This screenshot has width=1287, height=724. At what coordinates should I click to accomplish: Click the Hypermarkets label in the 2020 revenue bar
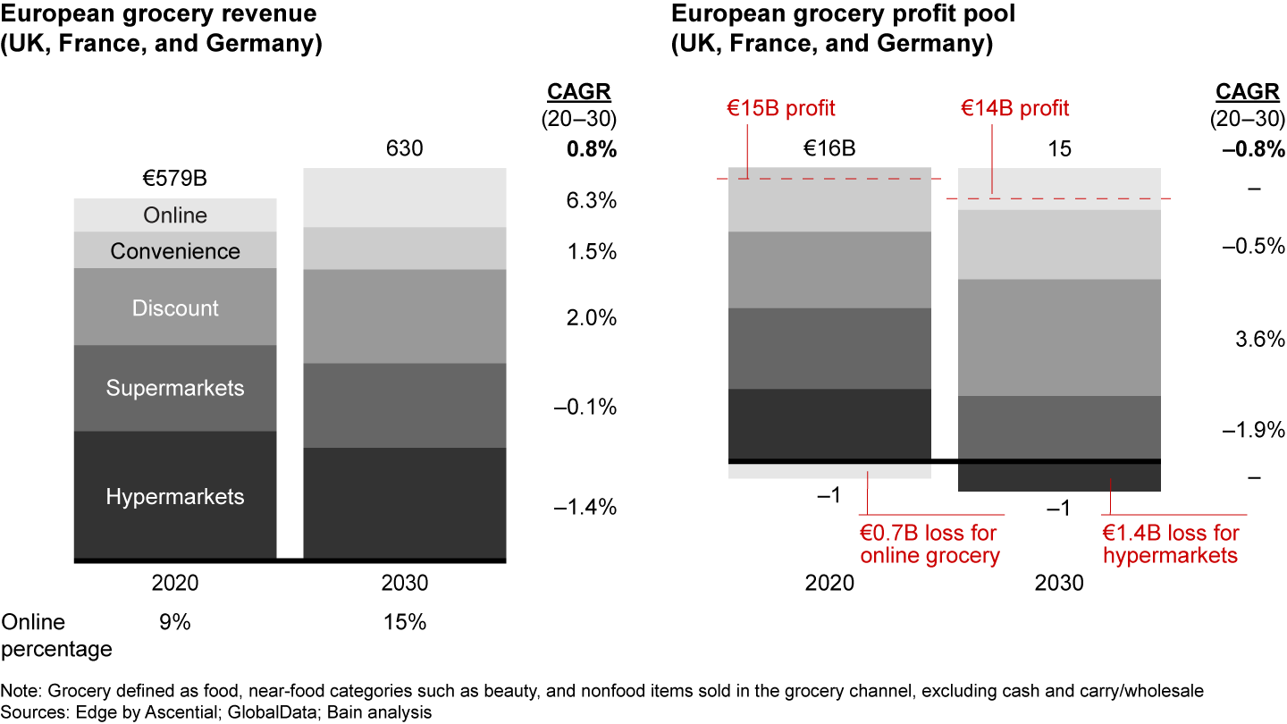(x=175, y=497)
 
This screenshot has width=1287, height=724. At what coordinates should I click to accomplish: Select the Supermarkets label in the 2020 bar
(x=175, y=388)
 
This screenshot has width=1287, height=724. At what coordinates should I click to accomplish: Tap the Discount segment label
(x=175, y=308)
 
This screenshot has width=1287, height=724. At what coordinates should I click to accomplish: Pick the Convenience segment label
(x=175, y=251)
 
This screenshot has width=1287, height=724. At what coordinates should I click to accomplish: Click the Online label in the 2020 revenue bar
(x=175, y=215)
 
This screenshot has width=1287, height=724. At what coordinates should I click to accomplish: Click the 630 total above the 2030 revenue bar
(x=405, y=148)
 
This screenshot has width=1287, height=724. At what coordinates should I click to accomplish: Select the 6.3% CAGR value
(x=592, y=200)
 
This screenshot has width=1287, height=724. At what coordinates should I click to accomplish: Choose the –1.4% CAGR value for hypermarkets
(x=585, y=508)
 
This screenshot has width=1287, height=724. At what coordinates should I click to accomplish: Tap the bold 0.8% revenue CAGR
(x=592, y=149)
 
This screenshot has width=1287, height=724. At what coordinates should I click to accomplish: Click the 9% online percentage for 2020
(x=175, y=622)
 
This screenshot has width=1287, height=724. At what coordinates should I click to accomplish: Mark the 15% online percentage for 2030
(x=405, y=622)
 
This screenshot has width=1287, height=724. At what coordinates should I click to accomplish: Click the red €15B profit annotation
(x=779, y=108)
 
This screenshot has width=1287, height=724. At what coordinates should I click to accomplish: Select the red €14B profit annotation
(x=1014, y=108)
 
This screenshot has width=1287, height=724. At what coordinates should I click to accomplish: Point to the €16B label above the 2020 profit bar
(x=830, y=148)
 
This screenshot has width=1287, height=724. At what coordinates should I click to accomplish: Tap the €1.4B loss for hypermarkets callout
(x=1171, y=544)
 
